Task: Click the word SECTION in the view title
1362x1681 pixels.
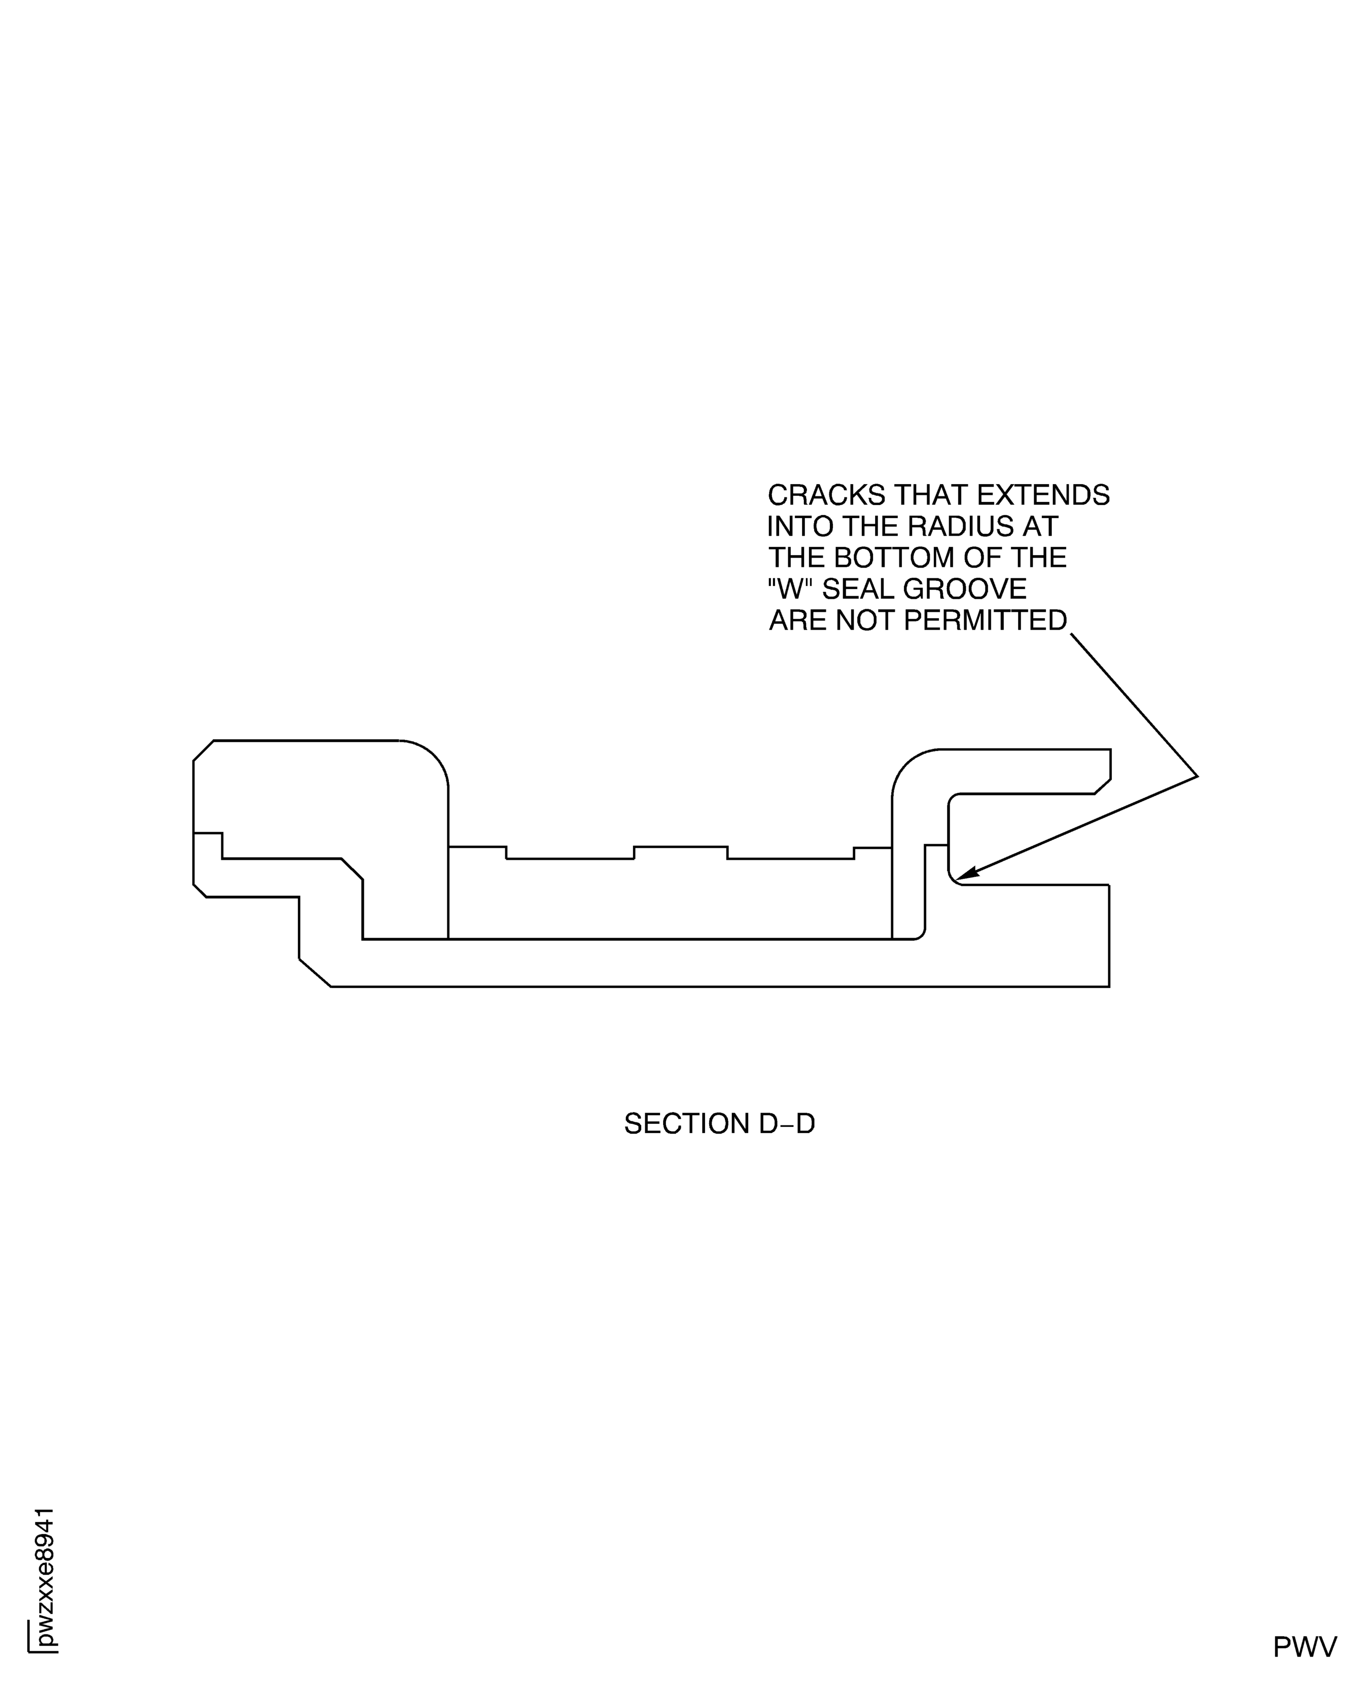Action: (686, 1124)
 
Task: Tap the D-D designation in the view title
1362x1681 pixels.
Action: (787, 1124)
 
